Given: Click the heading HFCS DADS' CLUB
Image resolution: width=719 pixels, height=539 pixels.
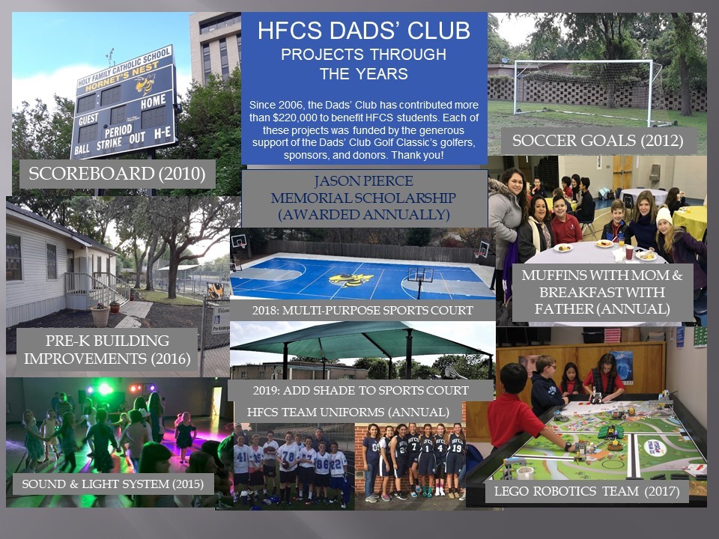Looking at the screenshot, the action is click(x=364, y=30).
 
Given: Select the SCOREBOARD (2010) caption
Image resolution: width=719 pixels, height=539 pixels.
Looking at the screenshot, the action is click(x=117, y=174).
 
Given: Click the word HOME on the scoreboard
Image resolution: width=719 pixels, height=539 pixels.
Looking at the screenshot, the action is click(x=153, y=101).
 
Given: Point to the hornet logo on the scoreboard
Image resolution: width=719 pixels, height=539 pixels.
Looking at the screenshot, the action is click(x=145, y=83).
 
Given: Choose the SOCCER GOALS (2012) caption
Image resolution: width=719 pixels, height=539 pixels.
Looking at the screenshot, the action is click(x=598, y=140).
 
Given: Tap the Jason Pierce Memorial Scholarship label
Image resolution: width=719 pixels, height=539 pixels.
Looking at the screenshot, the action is click(x=364, y=198).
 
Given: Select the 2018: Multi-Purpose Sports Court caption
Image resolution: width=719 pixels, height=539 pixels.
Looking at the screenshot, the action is click(x=362, y=310).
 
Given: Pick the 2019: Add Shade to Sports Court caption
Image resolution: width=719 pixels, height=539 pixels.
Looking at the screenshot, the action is click(x=361, y=391).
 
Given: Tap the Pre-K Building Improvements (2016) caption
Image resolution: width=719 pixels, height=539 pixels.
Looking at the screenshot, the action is click(x=107, y=350).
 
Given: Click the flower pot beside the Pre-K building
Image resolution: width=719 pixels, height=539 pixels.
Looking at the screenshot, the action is click(x=100, y=315).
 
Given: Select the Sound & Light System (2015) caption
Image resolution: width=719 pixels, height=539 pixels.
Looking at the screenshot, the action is click(x=113, y=484).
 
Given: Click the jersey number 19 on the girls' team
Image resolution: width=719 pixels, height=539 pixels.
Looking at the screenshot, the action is click(x=456, y=448).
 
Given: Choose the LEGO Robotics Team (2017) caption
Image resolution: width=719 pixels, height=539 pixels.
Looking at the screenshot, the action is click(x=586, y=491).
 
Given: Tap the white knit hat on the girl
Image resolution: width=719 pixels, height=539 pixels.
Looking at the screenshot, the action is click(x=664, y=216).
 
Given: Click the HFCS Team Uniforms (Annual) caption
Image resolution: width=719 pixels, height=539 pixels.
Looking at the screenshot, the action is click(x=348, y=412).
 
